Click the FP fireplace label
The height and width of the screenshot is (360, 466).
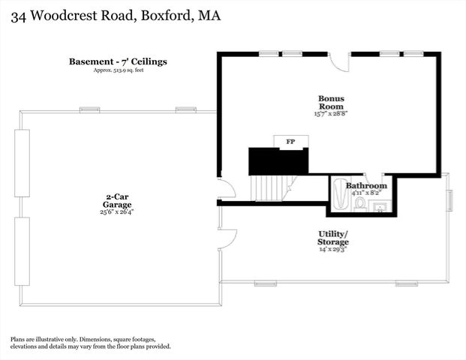click(290, 141)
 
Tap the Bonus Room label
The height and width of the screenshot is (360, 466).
click(330, 99)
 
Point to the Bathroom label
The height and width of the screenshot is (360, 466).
click(366, 185)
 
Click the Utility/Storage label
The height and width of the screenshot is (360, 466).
click(332, 238)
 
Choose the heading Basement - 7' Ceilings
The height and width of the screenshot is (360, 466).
click(117, 61)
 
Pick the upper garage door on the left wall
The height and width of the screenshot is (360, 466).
click(22, 163)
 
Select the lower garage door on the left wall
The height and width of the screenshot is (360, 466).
click(22, 251)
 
